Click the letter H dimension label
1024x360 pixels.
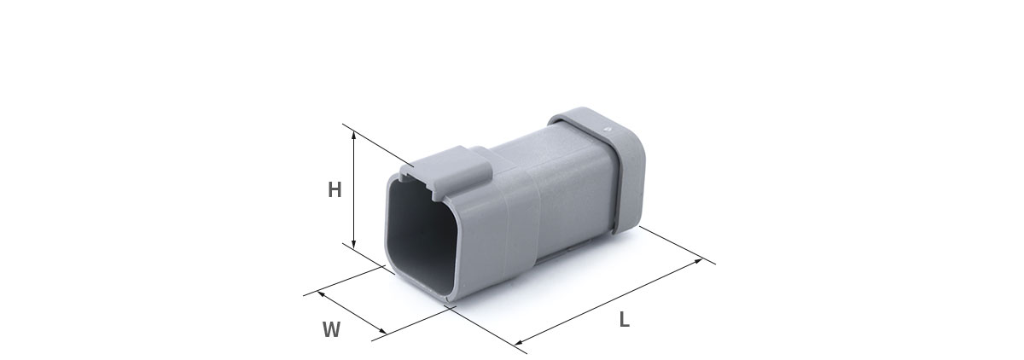[x=335, y=189]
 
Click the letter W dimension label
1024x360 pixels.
[x=331, y=329]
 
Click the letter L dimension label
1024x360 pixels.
[x=624, y=319]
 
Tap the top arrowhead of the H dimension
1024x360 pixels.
[x=353, y=134]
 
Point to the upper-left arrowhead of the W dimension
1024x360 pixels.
[x=321, y=293]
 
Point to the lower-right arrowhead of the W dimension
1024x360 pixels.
[x=383, y=331]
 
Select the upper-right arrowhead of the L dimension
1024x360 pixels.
[x=699, y=260]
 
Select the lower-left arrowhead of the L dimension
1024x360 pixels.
[x=519, y=342]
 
